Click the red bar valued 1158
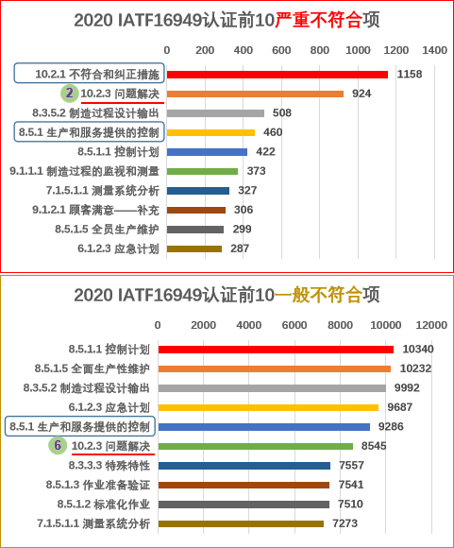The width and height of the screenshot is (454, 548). pos(277,75)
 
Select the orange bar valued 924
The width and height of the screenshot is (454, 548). pos(255,94)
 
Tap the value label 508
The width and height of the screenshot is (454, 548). pos(282,112)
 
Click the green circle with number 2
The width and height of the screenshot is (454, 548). pos(70,94)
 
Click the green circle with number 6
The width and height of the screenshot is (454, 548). pos(58,446)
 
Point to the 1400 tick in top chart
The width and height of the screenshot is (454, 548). pos(434,50)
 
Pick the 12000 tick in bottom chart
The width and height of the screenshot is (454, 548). pos(431,325)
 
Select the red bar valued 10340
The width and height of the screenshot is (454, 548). pos(276,350)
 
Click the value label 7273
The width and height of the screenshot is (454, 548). pos(345,523)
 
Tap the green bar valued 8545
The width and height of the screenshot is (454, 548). pos(256,446)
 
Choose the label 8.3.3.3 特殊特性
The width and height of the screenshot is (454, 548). pos(109,466)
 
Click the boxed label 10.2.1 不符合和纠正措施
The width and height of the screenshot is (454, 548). pos(89,73)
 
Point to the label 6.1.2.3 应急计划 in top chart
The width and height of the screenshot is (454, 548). pos(118,248)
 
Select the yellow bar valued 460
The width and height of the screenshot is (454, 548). pos(210,132)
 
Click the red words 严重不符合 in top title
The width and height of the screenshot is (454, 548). pos(318,20)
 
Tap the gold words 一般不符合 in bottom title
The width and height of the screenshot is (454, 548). pos(318,295)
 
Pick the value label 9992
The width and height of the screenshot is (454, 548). pos(407,387)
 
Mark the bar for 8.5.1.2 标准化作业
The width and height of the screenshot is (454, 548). pos(244,505)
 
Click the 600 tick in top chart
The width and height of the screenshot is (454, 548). pos(281,50)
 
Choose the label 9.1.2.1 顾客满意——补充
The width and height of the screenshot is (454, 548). pos(95,210)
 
